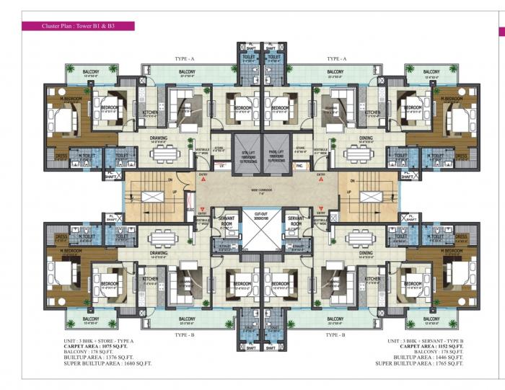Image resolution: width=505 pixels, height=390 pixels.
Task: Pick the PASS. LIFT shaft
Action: click(x=276, y=156)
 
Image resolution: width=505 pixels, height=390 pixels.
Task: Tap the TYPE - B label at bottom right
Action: click(x=335, y=334)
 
